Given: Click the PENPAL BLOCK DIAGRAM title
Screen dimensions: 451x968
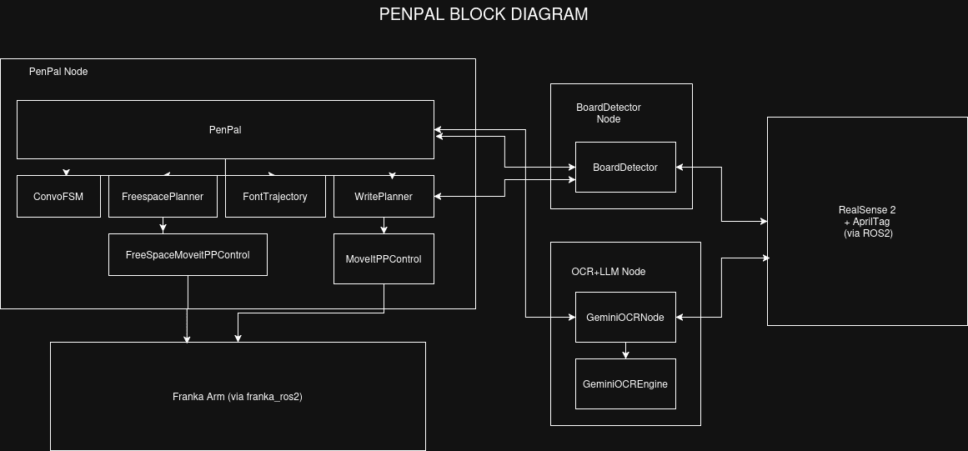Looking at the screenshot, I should (484, 14).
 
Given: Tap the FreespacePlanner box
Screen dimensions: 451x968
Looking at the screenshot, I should (163, 197).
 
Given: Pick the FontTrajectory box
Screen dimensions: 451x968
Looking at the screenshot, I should (275, 197).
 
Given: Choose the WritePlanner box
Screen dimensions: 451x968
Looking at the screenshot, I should (384, 197).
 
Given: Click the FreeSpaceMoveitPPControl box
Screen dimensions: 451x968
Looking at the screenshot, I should (188, 254).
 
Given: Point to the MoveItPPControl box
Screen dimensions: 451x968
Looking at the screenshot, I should (384, 259).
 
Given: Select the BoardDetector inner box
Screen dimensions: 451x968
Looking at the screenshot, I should (625, 168).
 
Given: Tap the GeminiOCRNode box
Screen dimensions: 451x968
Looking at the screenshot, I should (625, 317).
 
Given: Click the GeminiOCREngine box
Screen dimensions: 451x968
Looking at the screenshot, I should (625, 383).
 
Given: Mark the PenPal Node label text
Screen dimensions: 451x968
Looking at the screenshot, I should (58, 72).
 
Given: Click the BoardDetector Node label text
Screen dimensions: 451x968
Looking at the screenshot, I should (609, 113).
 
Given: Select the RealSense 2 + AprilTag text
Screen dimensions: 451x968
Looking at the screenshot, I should (867, 222).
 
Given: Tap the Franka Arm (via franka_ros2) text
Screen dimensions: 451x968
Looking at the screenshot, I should (238, 397).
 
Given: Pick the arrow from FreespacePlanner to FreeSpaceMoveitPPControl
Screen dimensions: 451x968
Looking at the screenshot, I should (163, 225).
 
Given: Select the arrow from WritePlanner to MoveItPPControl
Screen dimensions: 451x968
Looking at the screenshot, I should (384, 225).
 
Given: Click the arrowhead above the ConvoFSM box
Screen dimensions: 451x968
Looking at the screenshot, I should (66, 173).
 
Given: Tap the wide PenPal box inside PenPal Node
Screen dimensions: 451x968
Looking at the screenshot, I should (225, 130).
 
